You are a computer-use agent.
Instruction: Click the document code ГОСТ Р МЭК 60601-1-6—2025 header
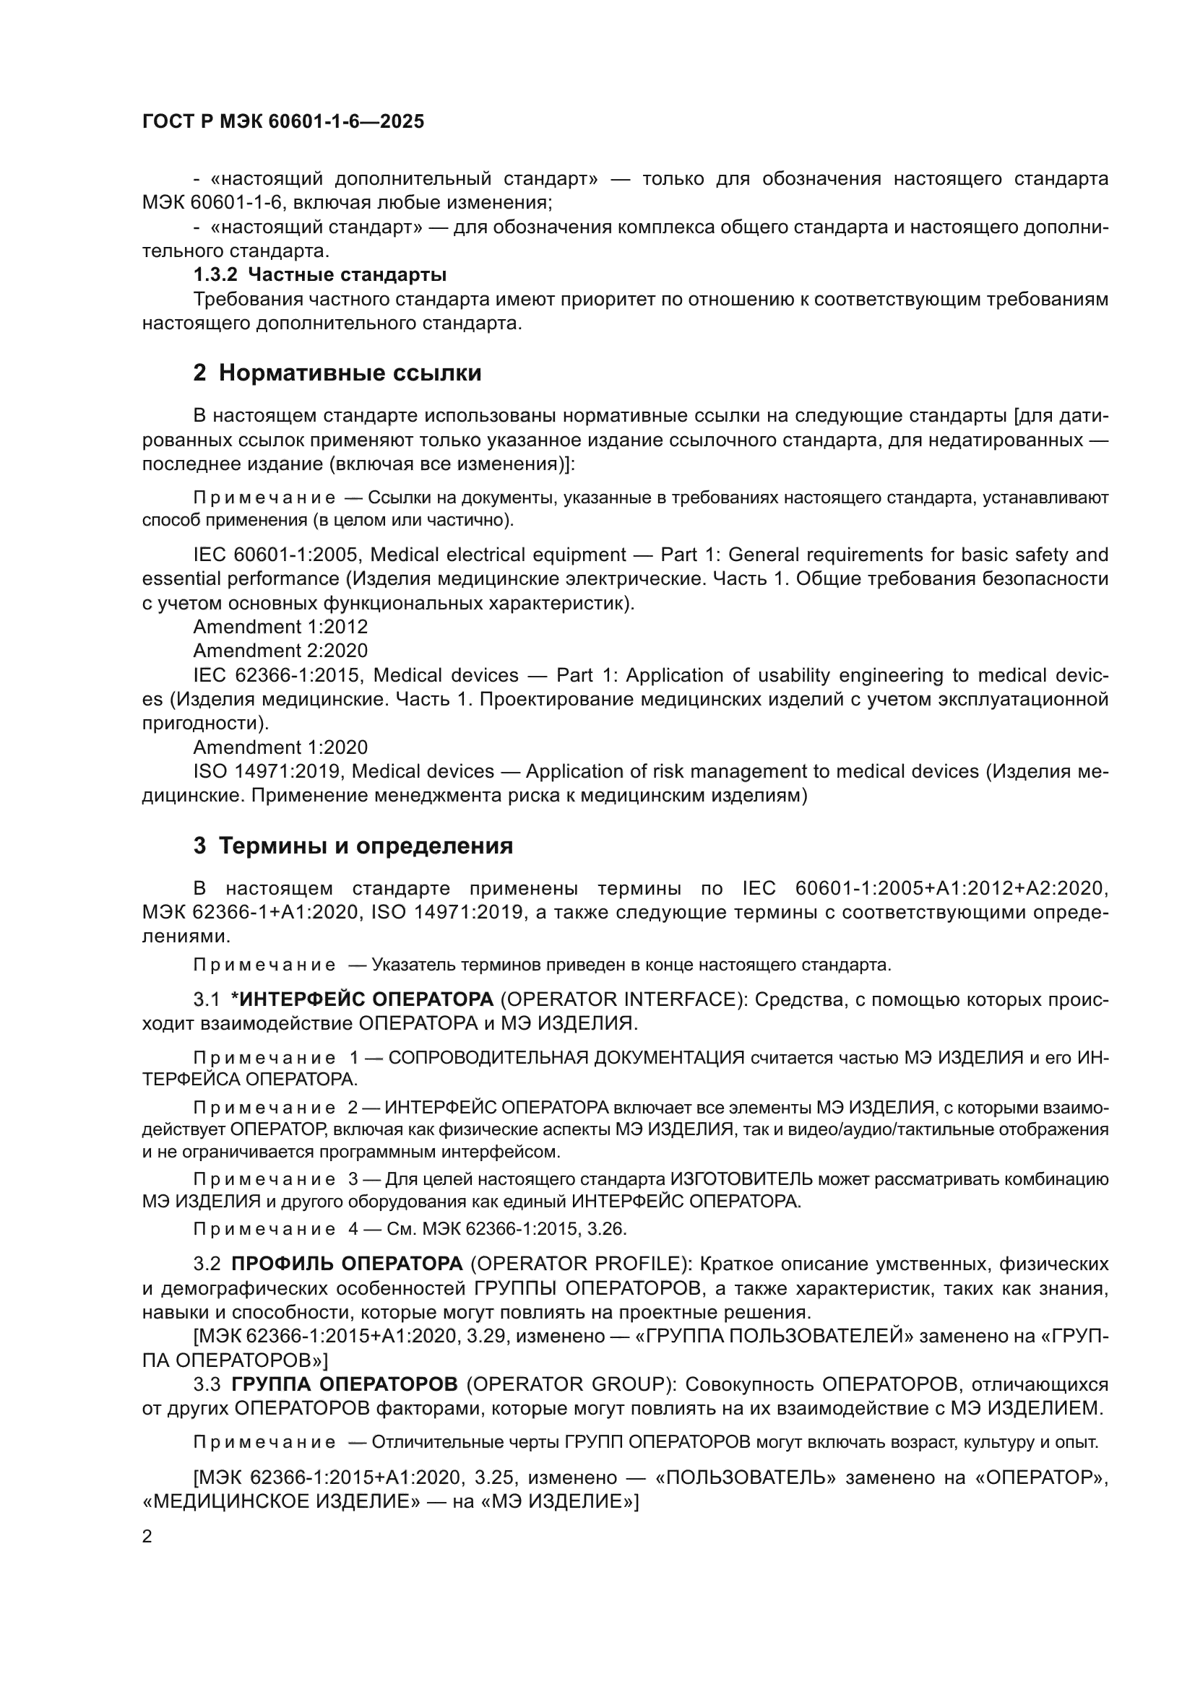pyautogui.click(x=282, y=121)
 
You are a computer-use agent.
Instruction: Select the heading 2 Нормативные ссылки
pyautogui.click(x=337, y=373)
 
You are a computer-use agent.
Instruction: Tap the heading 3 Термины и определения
pyautogui.click(x=353, y=846)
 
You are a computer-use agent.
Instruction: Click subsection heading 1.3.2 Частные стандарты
pyautogui.click(x=320, y=275)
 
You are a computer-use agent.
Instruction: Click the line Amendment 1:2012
pyautogui.click(x=280, y=627)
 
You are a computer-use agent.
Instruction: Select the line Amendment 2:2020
pyautogui.click(x=280, y=651)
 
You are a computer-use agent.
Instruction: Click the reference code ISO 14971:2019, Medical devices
pyautogui.click(x=344, y=772)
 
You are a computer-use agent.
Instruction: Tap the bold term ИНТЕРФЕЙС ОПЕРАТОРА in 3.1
pyautogui.click(x=362, y=999)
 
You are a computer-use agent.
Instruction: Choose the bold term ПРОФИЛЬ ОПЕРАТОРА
pyautogui.click(x=347, y=1264)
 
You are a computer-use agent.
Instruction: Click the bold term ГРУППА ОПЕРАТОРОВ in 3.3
pyautogui.click(x=344, y=1384)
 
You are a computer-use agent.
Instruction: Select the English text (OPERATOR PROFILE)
pyautogui.click(x=581, y=1264)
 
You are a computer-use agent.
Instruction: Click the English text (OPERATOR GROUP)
pyautogui.click(x=570, y=1384)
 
